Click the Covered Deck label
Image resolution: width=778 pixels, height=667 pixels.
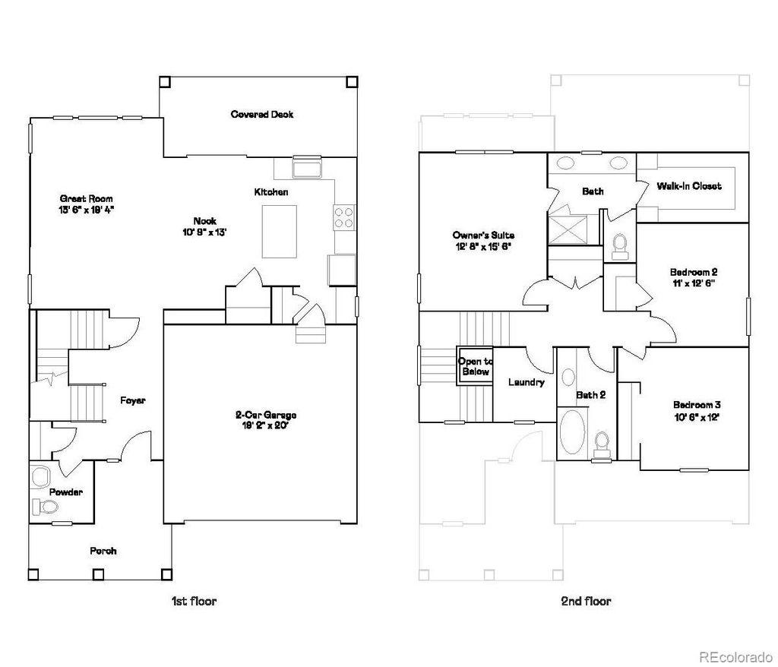click(x=262, y=115)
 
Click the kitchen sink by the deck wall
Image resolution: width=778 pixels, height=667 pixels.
click(x=308, y=166)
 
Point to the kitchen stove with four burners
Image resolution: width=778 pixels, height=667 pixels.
click(x=344, y=218)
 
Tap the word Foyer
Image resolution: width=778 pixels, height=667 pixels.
click(x=132, y=400)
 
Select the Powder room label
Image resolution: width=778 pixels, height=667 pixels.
click(x=66, y=492)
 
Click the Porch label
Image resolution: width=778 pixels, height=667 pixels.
click(x=103, y=551)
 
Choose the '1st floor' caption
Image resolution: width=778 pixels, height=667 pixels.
click(x=194, y=601)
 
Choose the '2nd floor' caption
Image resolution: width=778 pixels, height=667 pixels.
click(x=586, y=601)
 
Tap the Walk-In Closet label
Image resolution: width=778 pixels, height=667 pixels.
click(x=689, y=186)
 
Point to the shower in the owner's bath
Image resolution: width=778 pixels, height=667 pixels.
click(x=569, y=226)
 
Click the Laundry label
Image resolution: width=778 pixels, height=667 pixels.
click(x=526, y=382)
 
